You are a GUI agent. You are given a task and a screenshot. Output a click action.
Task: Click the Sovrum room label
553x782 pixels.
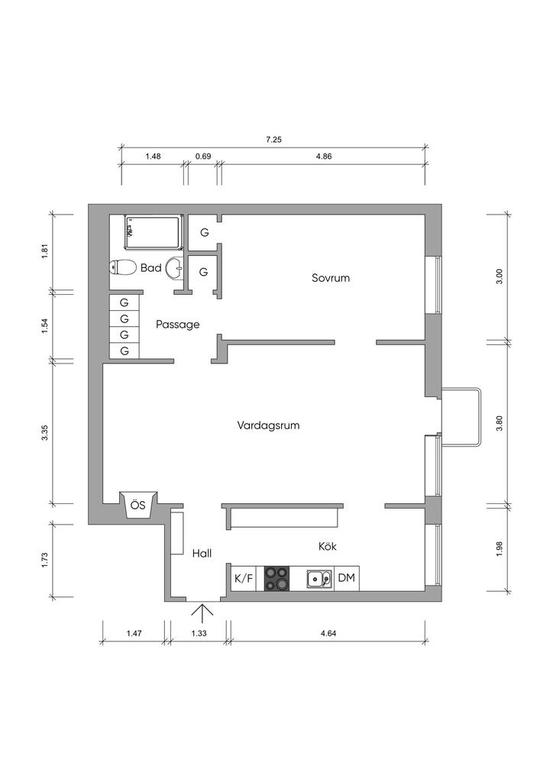coord(331,278)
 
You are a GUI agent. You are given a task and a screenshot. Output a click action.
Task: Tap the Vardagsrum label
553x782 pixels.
coord(268,425)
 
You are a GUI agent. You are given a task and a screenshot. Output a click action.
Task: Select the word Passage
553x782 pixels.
coord(177,325)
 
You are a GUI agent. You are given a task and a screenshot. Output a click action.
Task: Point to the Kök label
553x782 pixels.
coord(328,546)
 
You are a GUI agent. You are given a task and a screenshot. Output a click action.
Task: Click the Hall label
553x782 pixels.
coord(202,553)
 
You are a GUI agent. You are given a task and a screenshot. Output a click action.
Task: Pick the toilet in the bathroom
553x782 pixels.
coord(123,267)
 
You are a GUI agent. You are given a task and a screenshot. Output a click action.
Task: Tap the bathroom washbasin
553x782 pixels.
coord(174,268)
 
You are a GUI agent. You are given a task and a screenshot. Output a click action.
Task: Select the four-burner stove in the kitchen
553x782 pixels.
coord(276,579)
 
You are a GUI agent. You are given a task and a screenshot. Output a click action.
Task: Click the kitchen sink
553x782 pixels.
coord(319,579)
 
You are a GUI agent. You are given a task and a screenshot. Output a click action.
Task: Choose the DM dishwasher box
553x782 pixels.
coord(347,578)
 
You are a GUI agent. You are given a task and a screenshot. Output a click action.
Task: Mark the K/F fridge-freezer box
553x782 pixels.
coord(244,579)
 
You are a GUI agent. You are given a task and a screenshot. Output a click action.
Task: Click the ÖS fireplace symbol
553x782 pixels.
coord(138,506)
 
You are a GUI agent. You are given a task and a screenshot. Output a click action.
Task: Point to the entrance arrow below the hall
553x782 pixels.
coord(202,613)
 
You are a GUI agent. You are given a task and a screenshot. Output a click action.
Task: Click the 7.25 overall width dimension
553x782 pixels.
coord(273,141)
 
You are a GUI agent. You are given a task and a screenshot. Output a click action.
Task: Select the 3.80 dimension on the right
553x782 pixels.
coord(500,423)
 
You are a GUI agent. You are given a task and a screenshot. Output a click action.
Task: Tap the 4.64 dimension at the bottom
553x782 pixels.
coord(328,633)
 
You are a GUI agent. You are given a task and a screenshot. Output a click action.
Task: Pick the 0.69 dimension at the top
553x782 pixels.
coord(203,156)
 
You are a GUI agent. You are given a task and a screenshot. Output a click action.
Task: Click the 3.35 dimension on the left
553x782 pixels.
coord(45,432)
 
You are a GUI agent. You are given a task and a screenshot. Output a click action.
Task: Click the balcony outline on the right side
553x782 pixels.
coord(480,416)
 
